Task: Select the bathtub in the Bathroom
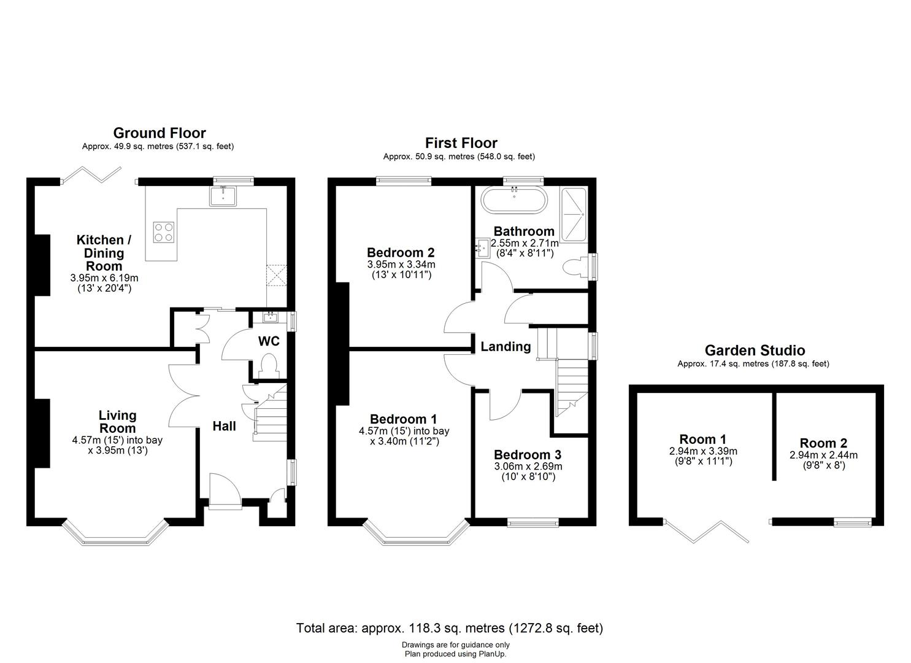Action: (x=512, y=201)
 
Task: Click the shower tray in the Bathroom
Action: (x=574, y=212)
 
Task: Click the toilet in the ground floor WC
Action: (x=269, y=366)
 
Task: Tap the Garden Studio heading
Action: (x=754, y=351)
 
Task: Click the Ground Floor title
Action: (x=160, y=133)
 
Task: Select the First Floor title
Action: (x=461, y=143)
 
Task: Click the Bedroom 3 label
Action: (x=527, y=455)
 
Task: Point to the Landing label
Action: (x=505, y=347)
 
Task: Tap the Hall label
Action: (x=224, y=426)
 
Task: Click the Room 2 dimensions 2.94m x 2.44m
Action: (x=823, y=455)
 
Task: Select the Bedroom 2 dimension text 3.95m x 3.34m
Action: (x=401, y=264)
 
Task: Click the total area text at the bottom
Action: (x=449, y=628)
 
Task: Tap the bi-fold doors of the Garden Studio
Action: (x=707, y=532)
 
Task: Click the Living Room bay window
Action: (x=115, y=535)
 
